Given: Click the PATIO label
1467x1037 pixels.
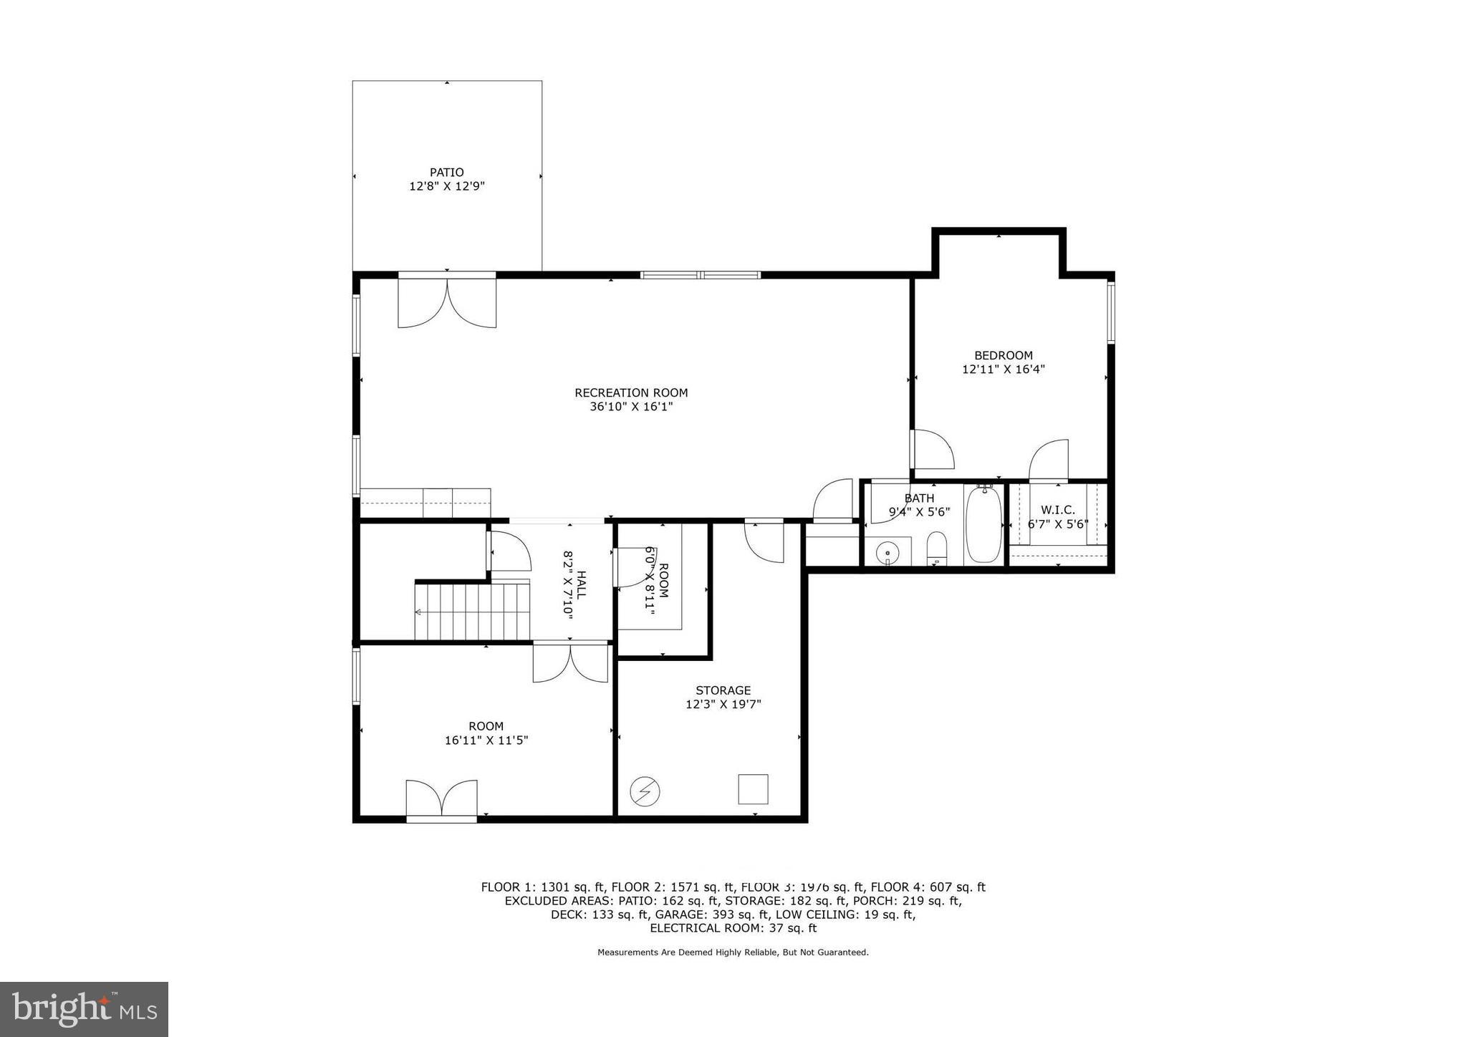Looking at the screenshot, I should pos(446,172).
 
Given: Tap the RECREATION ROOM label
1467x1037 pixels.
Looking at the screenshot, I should pos(630,392).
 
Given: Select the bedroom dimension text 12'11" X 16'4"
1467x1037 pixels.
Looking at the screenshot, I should pos(1003,370).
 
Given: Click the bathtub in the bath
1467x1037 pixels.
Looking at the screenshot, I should pos(983,524).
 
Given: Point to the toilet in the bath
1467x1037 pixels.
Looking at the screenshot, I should pos(936,549).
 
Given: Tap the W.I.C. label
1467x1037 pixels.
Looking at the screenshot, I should pos(1057,510).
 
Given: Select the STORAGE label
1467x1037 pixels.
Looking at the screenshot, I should pos(723,690).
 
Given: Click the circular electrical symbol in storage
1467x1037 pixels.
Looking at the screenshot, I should pos(645,791).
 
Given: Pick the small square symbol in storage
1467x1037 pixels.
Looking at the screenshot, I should pos(753,789).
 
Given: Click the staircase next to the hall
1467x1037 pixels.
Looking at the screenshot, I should pos(472,612).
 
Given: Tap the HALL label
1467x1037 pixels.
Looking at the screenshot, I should pos(581,584).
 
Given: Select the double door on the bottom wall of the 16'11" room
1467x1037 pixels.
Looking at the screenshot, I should pos(441,799).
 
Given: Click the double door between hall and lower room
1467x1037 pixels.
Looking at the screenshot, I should pos(570,662).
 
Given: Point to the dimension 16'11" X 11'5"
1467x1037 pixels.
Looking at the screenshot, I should pos(486,741).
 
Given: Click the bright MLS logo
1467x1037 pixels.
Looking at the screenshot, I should pos(85,1009).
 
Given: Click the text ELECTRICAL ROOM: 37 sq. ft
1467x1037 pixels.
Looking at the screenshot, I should pos(733,928).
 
